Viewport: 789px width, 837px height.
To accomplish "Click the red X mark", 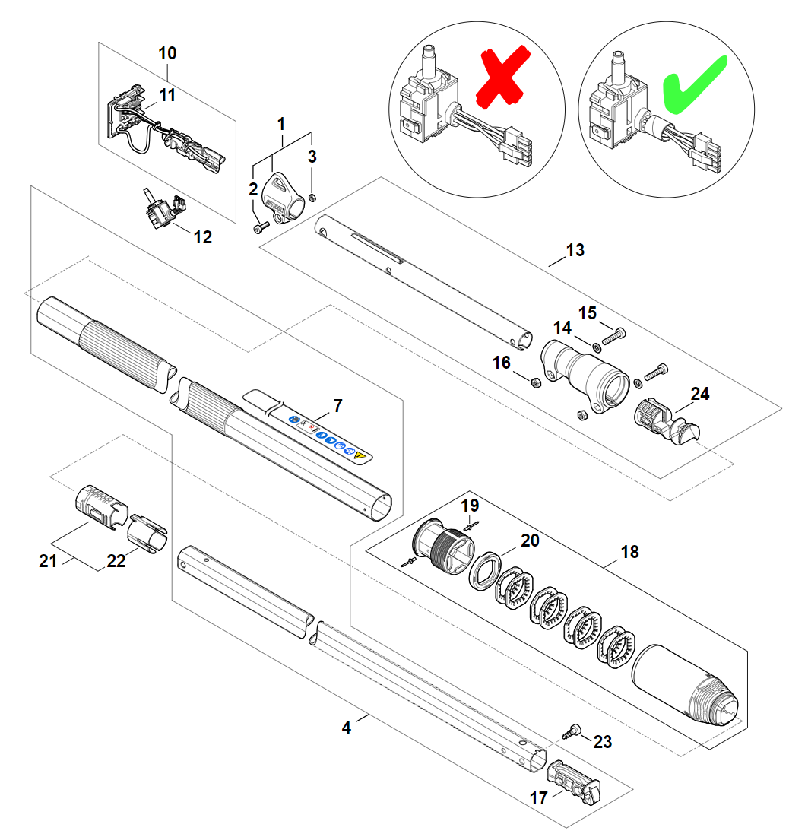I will point(501,78).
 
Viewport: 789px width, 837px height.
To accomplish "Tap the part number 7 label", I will point(337,405).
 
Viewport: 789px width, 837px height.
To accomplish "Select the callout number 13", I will point(575,250).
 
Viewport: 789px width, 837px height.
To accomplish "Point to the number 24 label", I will point(700,394).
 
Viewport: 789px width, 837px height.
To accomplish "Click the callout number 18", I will point(629,552).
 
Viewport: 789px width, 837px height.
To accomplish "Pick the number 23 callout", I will point(602,742).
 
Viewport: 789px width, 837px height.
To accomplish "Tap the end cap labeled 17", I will point(574,782).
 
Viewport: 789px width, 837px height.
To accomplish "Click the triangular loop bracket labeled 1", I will point(284,193).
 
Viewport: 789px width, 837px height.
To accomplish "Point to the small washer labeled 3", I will point(315,198).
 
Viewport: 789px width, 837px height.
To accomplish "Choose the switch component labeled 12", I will point(161,209).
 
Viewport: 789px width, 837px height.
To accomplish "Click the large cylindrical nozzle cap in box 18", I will point(688,685).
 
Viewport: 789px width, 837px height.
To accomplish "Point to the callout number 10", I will point(167,53).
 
